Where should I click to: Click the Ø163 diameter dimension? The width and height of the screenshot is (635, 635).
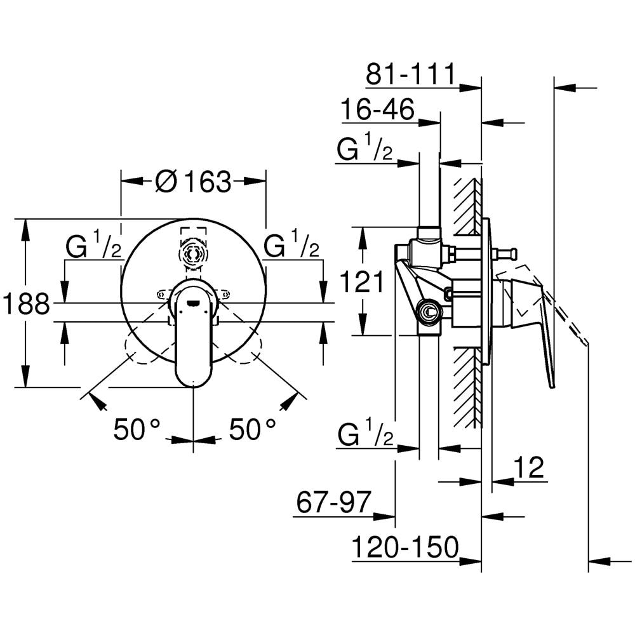tap(193, 182)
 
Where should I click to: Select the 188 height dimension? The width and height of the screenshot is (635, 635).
tap(26, 304)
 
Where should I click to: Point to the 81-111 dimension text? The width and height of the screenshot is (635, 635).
tap(410, 75)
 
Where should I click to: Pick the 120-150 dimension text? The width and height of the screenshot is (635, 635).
tap(406, 547)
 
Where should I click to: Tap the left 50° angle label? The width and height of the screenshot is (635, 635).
tap(137, 430)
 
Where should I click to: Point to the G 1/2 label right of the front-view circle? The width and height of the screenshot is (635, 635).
tap(291, 246)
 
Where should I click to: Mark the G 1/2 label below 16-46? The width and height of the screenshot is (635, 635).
tap(364, 150)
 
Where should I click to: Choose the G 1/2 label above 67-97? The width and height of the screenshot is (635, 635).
tap(364, 436)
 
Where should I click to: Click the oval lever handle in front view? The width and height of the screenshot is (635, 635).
tap(194, 337)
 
